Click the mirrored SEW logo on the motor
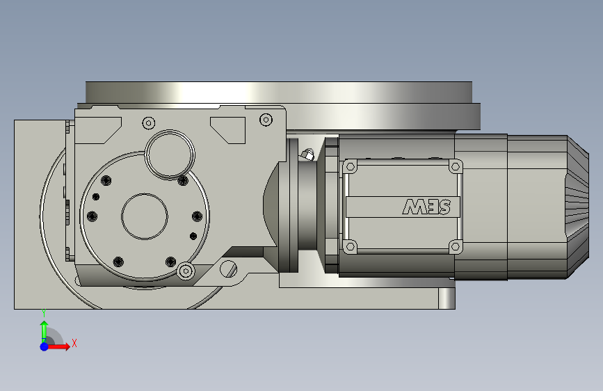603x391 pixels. tap(426, 207)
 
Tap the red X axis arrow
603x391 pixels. tap(58, 346)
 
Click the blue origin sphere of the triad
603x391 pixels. tap(45, 346)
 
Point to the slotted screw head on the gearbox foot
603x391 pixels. tap(228, 269)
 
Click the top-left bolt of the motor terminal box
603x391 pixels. tap(351, 167)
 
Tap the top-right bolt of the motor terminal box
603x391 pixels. tap(456, 167)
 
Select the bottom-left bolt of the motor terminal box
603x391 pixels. tap(350, 246)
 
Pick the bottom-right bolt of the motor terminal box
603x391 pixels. tap(456, 246)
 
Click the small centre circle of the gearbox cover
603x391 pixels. tap(145, 216)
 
